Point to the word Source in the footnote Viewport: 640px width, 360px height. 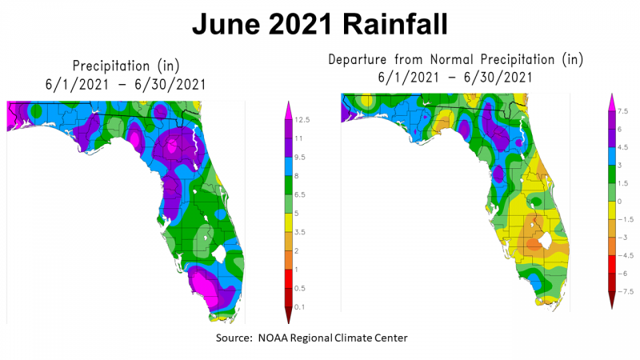(234, 338)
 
